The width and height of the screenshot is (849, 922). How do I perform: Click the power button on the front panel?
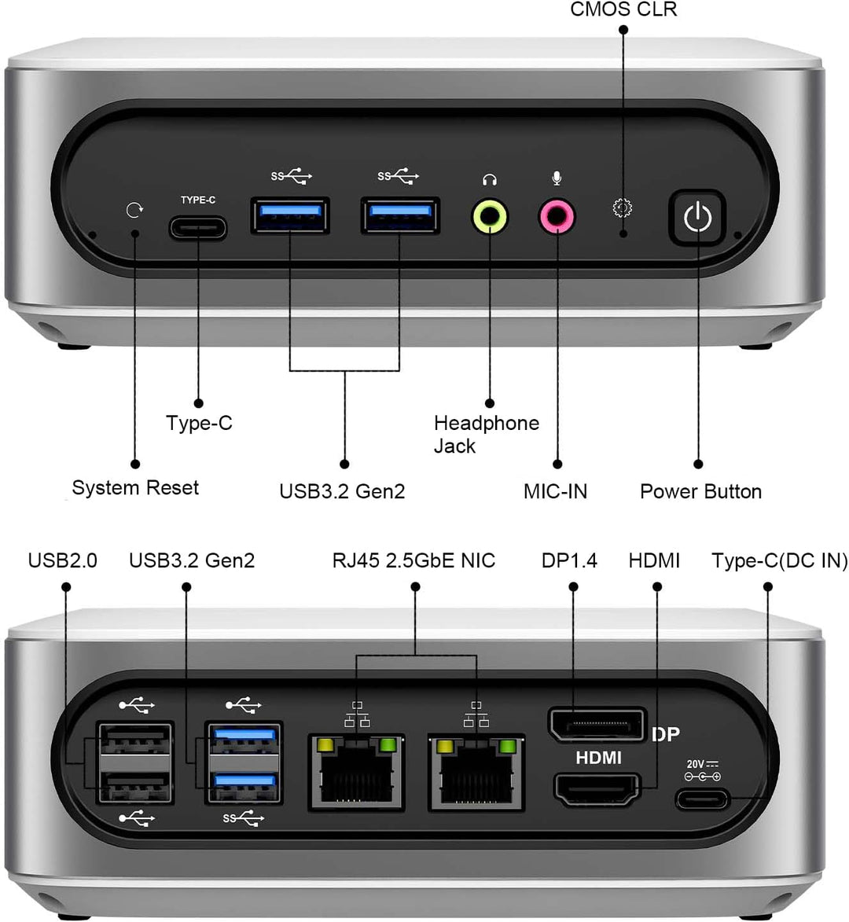point(697,217)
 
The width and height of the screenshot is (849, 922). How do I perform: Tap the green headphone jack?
point(490,217)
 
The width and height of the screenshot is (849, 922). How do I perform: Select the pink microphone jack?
point(557,217)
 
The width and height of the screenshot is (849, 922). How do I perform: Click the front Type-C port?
point(198,228)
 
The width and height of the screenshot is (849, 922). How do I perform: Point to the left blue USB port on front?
point(290,215)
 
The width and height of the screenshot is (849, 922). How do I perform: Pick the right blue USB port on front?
point(400,215)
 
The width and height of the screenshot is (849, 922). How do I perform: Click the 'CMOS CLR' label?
point(623,9)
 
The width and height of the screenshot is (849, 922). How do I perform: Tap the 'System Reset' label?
point(135,488)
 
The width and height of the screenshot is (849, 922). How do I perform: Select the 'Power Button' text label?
point(700,492)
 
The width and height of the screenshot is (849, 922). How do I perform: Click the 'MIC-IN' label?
point(555,492)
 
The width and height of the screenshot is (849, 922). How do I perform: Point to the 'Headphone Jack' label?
point(486,435)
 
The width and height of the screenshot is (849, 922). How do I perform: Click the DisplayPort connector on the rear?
point(595,724)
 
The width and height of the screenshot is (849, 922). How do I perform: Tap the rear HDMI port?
point(597,789)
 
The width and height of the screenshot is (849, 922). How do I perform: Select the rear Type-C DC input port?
point(702,800)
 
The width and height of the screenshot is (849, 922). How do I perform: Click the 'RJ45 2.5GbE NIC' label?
point(413,560)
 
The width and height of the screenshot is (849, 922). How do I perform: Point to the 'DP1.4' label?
point(569,560)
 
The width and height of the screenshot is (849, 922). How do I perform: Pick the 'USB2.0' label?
point(63,560)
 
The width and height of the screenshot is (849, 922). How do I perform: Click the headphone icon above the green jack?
point(490,180)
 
